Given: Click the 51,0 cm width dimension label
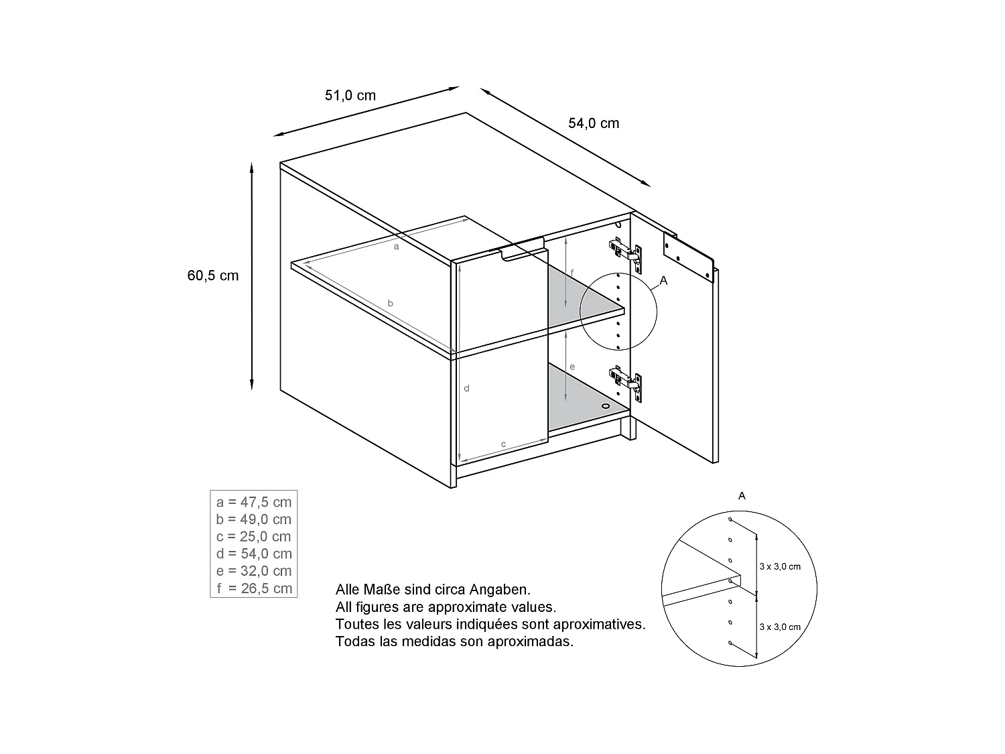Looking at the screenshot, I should [350, 95].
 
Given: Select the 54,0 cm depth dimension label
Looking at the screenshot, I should [594, 123].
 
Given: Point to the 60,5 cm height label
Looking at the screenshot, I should [213, 275].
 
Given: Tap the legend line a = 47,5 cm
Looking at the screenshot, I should [254, 502].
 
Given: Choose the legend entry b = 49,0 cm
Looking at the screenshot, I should [254, 519].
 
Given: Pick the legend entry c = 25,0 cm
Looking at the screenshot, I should [254, 537].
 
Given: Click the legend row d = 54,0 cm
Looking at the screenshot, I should [254, 554].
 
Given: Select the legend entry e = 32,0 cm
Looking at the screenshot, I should [254, 571].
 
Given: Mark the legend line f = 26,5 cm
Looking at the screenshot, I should [254, 588].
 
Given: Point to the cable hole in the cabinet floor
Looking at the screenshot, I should [606, 405].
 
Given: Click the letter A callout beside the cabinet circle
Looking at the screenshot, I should [664, 281].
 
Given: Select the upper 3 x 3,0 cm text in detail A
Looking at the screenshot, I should [780, 566].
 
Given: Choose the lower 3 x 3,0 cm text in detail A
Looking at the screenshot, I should [780, 627].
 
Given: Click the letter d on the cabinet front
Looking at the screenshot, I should [467, 389].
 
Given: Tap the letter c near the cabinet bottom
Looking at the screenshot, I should [503, 444].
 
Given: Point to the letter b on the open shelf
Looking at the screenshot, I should [391, 304].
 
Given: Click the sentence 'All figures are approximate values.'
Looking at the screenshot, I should [446, 607].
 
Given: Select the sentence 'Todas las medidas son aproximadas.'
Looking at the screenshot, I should [454, 641].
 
